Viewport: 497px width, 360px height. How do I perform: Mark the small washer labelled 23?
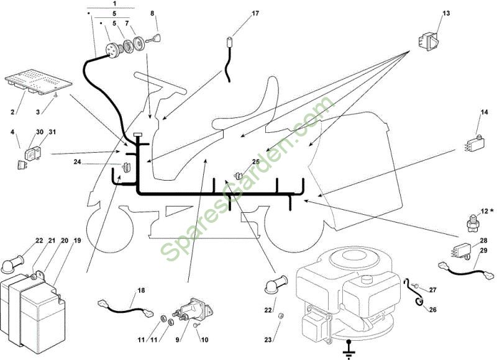(280, 316)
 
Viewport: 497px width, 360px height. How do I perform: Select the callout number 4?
(13, 132)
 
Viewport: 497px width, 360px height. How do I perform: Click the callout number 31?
(52, 132)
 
